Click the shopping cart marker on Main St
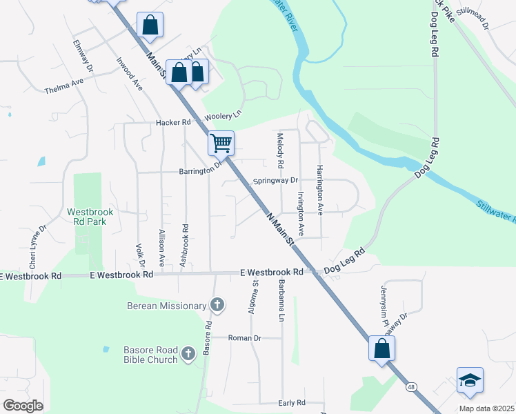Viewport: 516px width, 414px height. [x=221, y=144]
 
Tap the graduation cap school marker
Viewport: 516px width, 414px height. [x=470, y=380]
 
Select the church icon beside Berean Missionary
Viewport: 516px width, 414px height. [x=217, y=305]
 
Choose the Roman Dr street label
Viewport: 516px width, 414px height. [x=245, y=338]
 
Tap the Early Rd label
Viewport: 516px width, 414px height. [x=292, y=403]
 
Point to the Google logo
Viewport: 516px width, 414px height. [x=23, y=406]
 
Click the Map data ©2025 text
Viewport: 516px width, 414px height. [x=486, y=408]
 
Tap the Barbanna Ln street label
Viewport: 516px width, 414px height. [x=281, y=301]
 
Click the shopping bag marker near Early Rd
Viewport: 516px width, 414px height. [x=381, y=348]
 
